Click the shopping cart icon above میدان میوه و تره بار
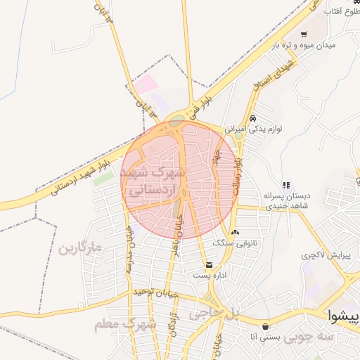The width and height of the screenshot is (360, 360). pyautogui.click(x=304, y=34)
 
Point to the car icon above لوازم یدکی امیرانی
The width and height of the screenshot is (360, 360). pyautogui.click(x=252, y=117)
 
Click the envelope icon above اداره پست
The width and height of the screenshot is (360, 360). pyautogui.click(x=209, y=264)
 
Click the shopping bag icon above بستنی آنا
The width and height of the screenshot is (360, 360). pyautogui.click(x=265, y=326)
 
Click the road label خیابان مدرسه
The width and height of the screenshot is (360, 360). pyautogui.click(x=129, y=252)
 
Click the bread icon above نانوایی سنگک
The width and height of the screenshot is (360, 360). pyautogui.click(x=235, y=233)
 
